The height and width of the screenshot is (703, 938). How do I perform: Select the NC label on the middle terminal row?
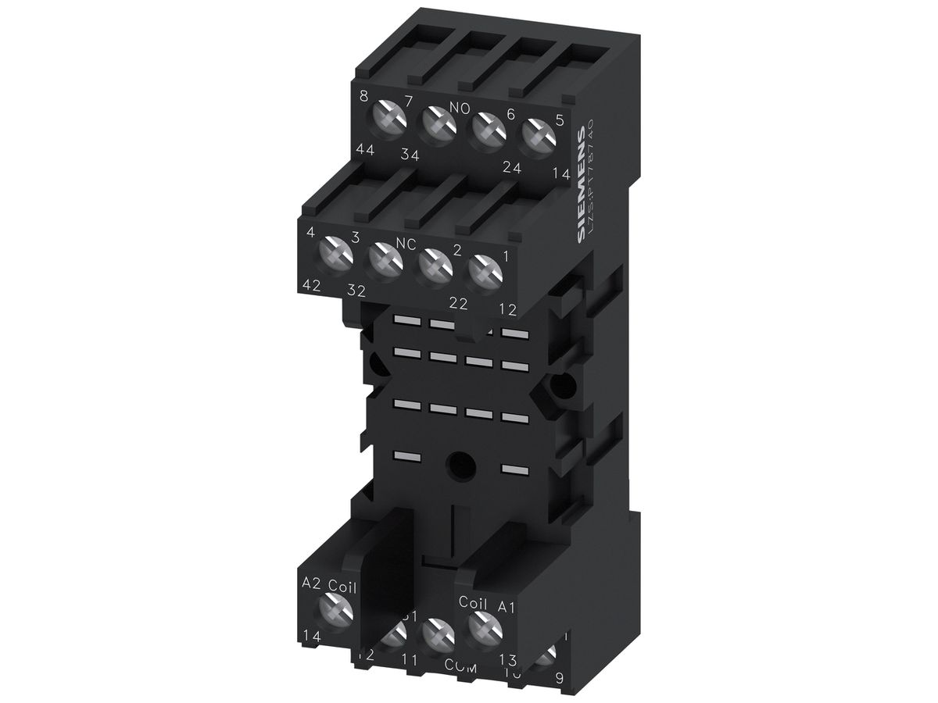406,244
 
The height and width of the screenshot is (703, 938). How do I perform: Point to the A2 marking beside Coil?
312,585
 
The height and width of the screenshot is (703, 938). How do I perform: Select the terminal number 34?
410,155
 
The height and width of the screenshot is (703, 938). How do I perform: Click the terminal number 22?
457,303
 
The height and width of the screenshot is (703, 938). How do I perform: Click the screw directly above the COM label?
437,634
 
